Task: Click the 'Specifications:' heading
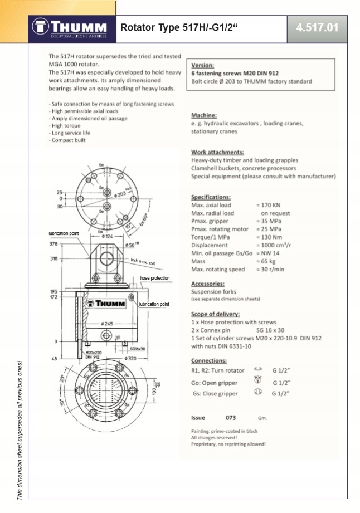coord(211,197)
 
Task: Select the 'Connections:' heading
coord(208,360)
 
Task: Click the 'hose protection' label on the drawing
coord(154,278)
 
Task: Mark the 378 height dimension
coord(53,243)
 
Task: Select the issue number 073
coord(231,417)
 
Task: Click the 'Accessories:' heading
coord(207,284)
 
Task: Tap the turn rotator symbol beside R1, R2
coord(257,370)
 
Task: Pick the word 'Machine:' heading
coord(204,115)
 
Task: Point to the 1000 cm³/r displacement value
coord(276,245)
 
